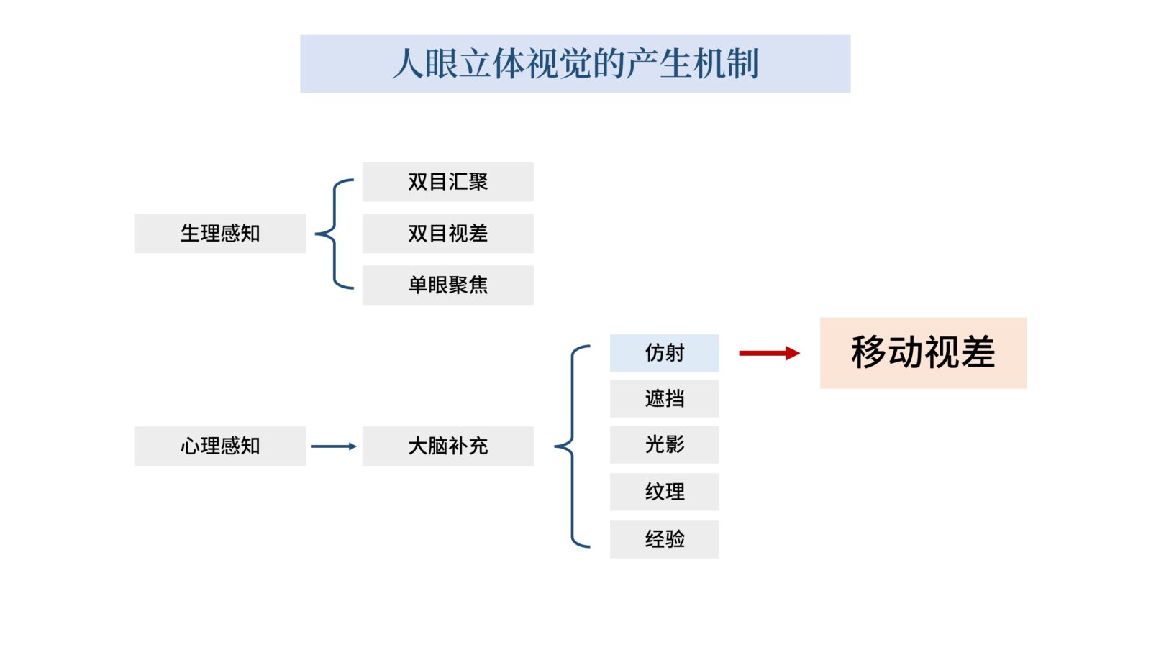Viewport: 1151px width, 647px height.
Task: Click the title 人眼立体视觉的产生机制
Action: (575, 63)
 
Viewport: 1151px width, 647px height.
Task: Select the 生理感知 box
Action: (219, 233)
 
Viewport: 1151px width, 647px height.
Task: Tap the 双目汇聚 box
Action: (447, 182)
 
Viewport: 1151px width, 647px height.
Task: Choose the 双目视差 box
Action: (447, 233)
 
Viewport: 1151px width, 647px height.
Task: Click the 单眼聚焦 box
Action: (447, 285)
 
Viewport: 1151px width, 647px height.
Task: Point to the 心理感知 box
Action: (219, 446)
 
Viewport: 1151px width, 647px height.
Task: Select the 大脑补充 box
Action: (447, 446)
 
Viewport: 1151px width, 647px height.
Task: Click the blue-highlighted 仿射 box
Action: (664, 353)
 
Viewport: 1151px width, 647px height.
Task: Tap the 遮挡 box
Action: (664, 398)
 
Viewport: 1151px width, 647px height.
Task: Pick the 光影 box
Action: (664, 444)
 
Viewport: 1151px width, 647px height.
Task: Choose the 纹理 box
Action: (664, 492)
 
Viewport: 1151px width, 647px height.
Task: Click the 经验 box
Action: (664, 539)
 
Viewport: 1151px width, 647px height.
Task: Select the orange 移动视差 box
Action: (923, 353)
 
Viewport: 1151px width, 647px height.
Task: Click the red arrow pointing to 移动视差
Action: (768, 353)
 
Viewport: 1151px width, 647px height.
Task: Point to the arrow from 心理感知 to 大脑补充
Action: (334, 446)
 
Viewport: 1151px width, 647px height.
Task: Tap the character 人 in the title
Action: (408, 63)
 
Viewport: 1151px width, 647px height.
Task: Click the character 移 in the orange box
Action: (869, 352)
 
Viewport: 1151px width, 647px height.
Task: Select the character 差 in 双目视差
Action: (478, 233)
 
